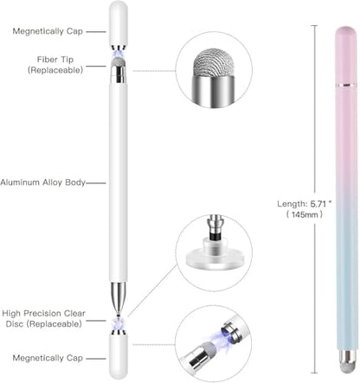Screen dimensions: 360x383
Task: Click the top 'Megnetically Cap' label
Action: [x=48, y=31]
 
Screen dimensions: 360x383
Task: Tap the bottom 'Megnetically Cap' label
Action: [x=48, y=358]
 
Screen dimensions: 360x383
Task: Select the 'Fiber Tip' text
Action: [x=55, y=60]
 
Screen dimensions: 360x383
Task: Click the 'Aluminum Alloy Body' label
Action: [x=43, y=182]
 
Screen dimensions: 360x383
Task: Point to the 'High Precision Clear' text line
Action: [x=43, y=313]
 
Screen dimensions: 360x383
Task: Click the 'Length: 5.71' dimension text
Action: [x=305, y=204]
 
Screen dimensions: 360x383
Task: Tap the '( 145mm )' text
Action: [x=305, y=214]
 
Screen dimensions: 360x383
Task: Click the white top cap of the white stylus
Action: [x=119, y=23]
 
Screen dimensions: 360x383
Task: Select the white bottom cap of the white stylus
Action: [x=119, y=357]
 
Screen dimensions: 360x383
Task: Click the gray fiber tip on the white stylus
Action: [x=119, y=61]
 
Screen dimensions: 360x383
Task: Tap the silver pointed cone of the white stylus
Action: [x=119, y=297]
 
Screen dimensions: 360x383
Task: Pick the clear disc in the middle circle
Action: [x=214, y=256]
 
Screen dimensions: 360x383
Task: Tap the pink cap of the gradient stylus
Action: [x=346, y=54]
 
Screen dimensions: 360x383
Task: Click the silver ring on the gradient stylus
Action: [x=346, y=85]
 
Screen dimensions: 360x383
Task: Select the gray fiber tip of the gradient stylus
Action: [x=346, y=367]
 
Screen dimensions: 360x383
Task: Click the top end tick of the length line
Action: [x=314, y=26]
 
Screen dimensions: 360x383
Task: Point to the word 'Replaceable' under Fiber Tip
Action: [x=55, y=70]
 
